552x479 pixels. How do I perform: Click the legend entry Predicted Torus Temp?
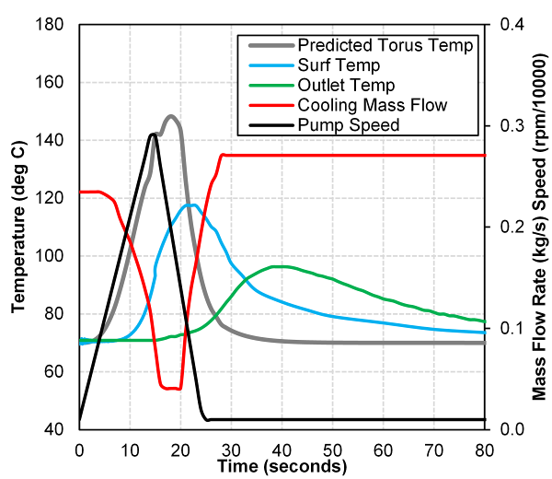coord(386,44)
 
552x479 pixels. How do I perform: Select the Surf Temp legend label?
coord(339,64)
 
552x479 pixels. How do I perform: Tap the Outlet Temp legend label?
coord(345,85)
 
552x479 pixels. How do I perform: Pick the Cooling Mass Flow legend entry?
coord(373,105)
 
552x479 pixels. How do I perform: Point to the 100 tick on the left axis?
coord(53,256)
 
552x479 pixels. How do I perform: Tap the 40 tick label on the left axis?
coord(57,429)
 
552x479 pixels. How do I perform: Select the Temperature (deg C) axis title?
coord(17,227)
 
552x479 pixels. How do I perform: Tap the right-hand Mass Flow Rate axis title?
coord(540,227)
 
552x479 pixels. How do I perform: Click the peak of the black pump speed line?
coord(152,134)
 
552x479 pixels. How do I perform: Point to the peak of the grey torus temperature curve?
coord(170,116)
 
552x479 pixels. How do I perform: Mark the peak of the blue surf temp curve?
coord(191,204)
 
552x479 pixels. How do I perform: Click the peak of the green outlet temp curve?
coord(281,266)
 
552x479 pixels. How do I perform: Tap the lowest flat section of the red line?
coord(170,388)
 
